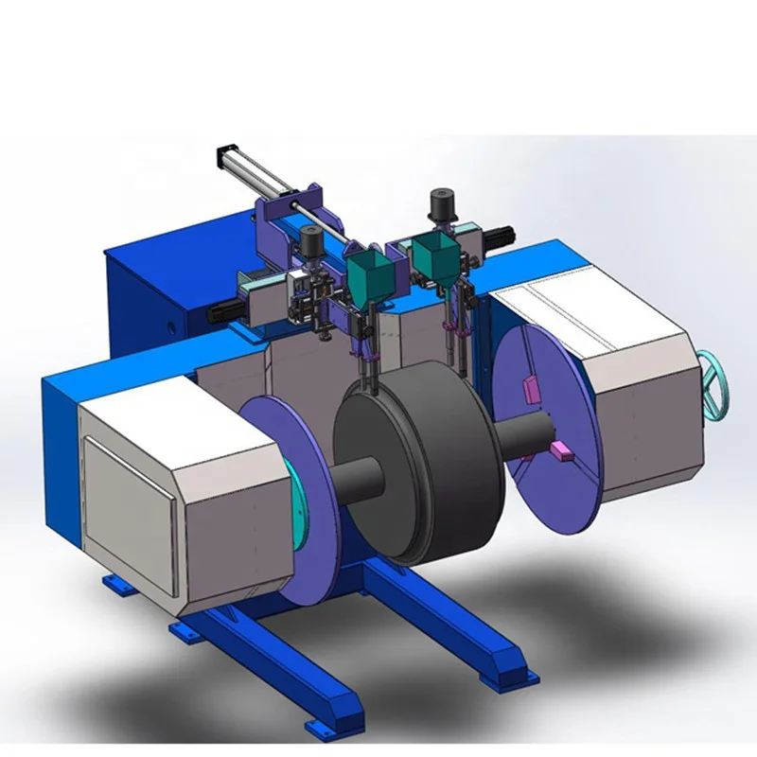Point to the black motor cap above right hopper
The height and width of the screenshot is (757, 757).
439,202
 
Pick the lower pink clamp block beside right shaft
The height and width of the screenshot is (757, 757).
561,449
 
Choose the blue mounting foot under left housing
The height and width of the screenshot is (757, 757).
116,585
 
